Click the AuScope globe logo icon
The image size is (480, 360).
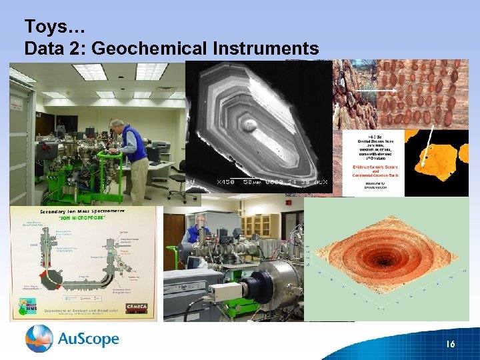(39, 339)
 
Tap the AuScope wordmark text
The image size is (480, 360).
(89, 339)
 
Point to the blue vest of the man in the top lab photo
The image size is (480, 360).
(136, 143)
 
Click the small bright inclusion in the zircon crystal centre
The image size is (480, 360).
(251, 124)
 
